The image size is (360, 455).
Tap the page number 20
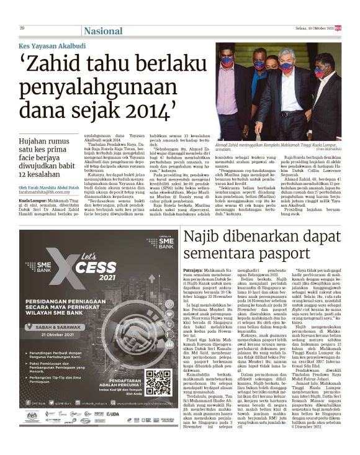(x=22, y=28)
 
